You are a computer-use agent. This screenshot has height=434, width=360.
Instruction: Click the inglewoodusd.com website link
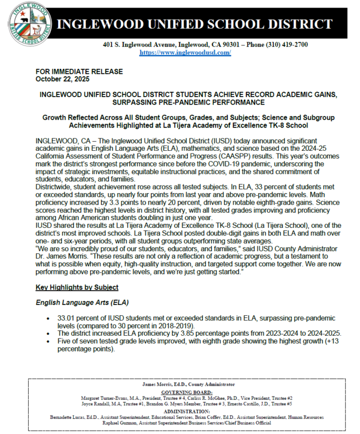click(x=185, y=53)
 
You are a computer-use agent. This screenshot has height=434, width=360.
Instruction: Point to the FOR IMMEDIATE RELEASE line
click(x=79, y=71)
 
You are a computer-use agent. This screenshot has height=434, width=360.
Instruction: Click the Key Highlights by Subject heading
click(x=77, y=287)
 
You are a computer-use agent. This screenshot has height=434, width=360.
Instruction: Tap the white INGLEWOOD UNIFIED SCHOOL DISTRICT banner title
click(x=194, y=24)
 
